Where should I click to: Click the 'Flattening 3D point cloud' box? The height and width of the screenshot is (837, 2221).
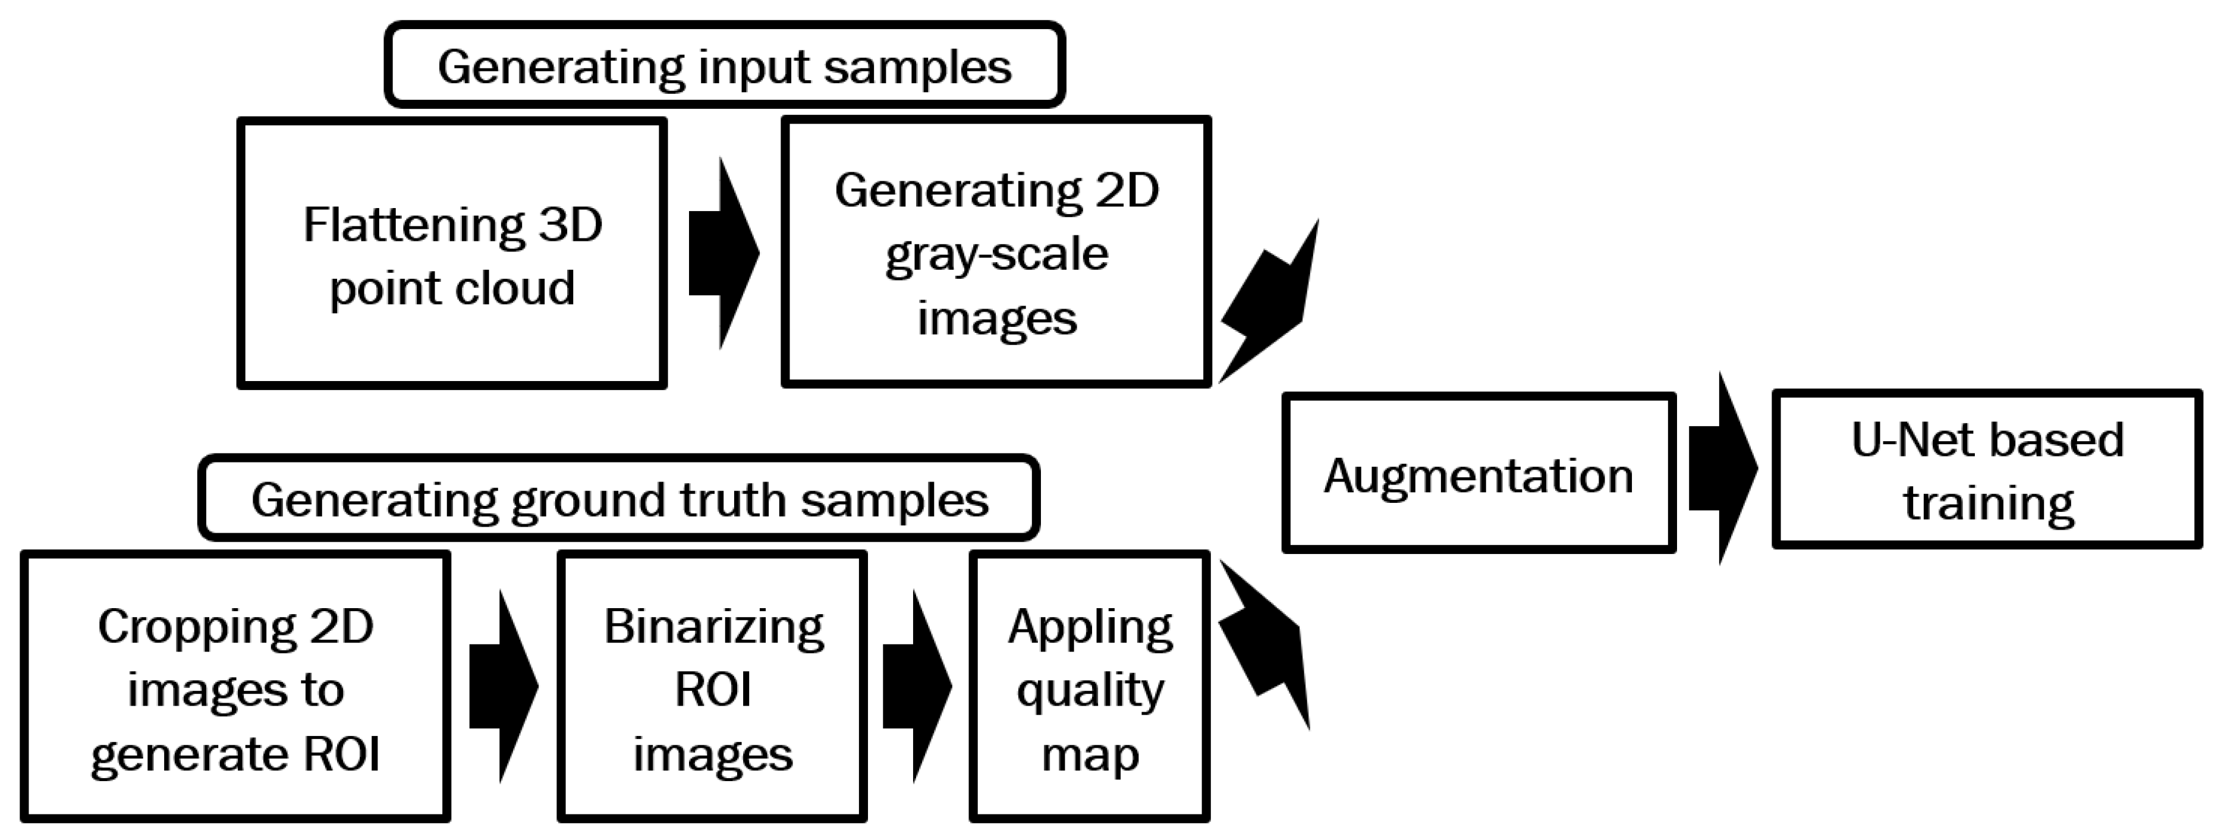click(x=452, y=253)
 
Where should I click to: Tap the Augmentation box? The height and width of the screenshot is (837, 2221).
click(x=1478, y=473)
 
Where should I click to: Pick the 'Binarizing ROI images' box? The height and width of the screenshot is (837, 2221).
click(x=712, y=687)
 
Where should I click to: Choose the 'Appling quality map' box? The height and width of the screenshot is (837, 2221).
click(x=1090, y=687)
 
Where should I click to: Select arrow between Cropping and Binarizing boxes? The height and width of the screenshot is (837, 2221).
click(x=504, y=687)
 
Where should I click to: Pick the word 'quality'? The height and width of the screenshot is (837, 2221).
click(x=1090, y=690)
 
